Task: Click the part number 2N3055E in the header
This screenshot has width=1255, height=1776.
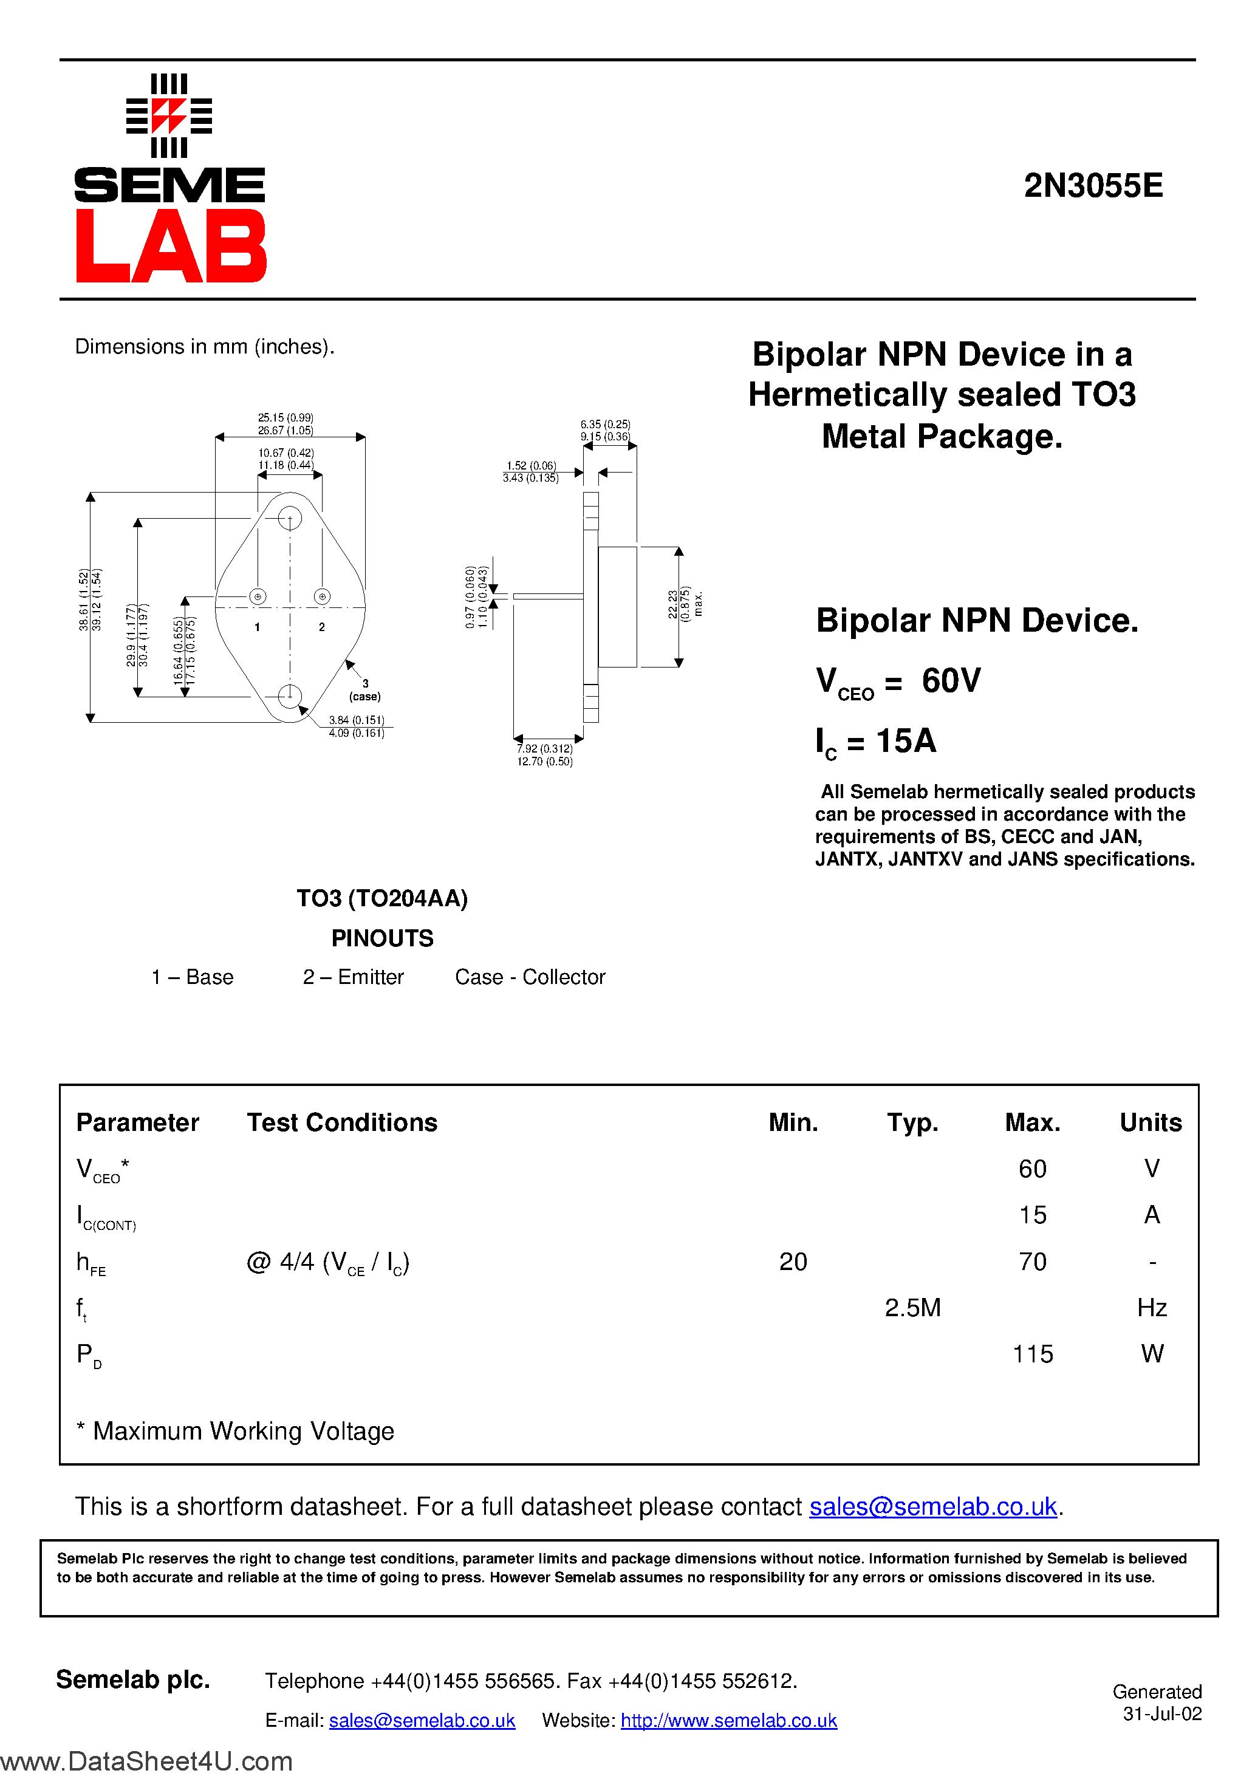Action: pos(1093,186)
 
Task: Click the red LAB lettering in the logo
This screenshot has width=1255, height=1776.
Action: pos(171,246)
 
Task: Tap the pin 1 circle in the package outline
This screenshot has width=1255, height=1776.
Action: pos(258,596)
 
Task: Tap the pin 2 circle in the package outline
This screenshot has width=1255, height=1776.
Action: pos(322,596)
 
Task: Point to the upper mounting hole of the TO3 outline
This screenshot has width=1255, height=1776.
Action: pos(289,517)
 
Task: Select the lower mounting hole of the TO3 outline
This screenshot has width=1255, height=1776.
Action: pos(289,696)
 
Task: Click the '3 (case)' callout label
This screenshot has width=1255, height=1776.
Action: pos(365,690)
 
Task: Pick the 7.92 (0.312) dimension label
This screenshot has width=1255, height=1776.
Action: pos(545,749)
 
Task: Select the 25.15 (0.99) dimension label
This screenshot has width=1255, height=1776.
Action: pos(286,418)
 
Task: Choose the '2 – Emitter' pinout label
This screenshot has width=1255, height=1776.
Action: pos(353,977)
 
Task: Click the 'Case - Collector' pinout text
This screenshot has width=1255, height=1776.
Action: pos(530,977)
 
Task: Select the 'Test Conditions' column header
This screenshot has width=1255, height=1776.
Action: pos(342,1122)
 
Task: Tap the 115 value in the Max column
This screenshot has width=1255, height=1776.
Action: pos(1033,1354)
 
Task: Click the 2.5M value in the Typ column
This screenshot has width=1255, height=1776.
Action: pos(912,1307)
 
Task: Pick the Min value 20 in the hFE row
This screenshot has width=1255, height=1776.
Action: pos(793,1262)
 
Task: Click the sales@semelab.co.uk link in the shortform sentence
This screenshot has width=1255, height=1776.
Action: pos(933,1507)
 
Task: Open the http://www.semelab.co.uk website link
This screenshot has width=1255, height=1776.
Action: pos(729,1720)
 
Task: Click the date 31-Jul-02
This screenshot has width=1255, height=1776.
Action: pos(1162,1714)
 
